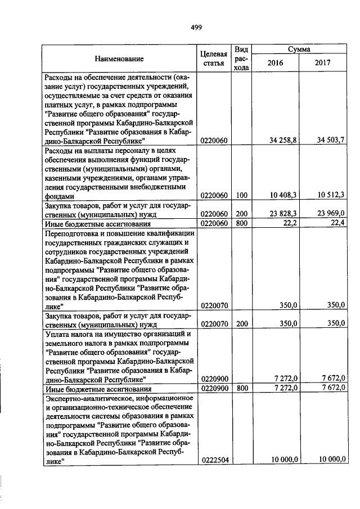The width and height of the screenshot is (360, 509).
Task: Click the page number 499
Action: (196, 27)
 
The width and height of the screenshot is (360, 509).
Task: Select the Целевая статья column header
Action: (214, 58)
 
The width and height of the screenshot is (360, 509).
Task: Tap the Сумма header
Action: (299, 49)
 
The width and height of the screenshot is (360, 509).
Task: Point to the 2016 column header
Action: (276, 63)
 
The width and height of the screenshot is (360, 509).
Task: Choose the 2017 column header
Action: (323, 63)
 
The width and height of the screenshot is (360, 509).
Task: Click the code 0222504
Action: (214, 460)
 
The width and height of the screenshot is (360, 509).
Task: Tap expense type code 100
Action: (241, 195)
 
